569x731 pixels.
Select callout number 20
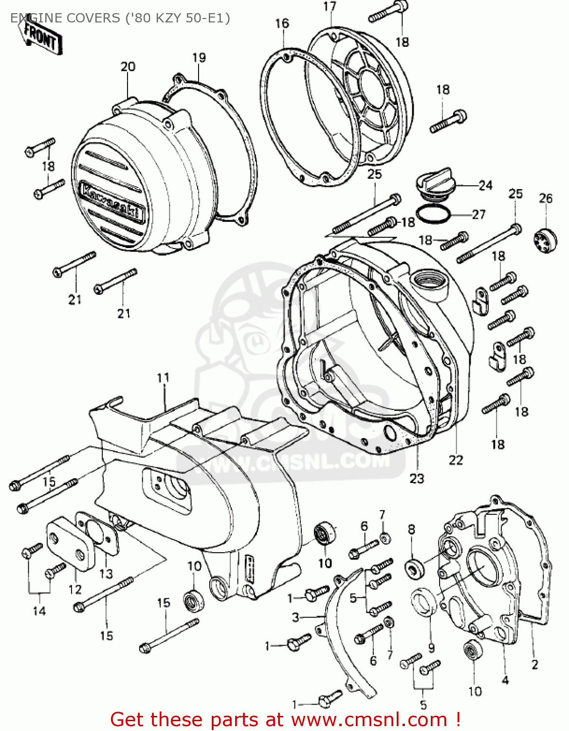point(128,67)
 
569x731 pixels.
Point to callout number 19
point(199,58)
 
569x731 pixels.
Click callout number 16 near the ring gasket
point(282,23)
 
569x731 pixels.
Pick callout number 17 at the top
point(330,6)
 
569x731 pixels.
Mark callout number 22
point(456,460)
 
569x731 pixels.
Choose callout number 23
point(417,479)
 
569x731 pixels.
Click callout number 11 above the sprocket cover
point(163,378)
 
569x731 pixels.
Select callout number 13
point(106,574)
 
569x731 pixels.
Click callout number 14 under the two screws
point(39,611)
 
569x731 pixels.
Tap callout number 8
point(411,529)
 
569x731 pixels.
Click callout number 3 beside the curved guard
point(295,617)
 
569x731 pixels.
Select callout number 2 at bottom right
point(534,664)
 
